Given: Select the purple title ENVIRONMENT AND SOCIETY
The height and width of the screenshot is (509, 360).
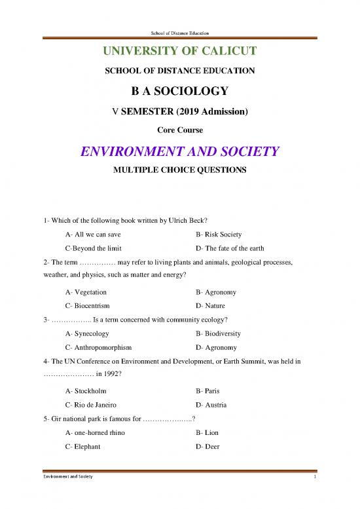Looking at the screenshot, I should pyautogui.click(x=179, y=153).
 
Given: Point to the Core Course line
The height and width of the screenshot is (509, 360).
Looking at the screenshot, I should pyautogui.click(x=179, y=130).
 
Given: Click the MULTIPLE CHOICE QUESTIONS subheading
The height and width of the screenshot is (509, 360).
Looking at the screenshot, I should pyautogui.click(x=179, y=171).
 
